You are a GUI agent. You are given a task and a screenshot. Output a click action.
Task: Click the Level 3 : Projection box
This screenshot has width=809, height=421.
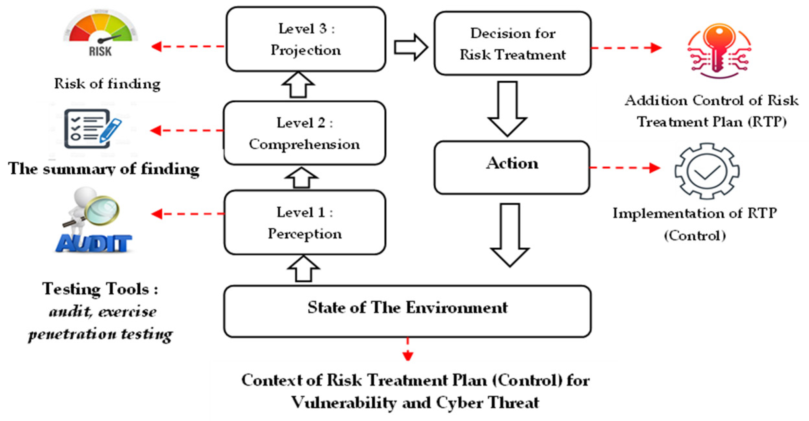click(x=306, y=39)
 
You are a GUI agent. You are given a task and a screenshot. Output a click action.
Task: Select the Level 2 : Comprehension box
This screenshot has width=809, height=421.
click(x=305, y=133)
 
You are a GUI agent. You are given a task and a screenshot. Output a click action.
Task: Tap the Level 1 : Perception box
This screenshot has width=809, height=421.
click(x=305, y=223)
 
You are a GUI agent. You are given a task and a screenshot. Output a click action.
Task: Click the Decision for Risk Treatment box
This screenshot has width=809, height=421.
click(x=512, y=43)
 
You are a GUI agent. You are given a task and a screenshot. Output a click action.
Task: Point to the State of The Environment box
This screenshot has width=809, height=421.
click(x=407, y=312)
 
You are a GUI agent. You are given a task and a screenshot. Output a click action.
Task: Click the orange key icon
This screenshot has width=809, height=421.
click(x=719, y=49)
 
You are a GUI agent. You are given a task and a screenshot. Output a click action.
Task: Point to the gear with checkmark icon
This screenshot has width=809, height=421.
click(x=707, y=171)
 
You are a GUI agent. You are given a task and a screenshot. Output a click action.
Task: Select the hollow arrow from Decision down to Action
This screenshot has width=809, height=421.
click(x=507, y=108)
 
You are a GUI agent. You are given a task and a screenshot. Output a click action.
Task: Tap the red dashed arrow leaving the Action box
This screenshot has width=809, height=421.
click(x=625, y=168)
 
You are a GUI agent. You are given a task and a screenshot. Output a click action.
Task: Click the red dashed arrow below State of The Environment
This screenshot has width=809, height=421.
click(x=408, y=350)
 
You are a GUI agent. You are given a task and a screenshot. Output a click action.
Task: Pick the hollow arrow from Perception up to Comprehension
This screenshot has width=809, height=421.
click(x=301, y=178)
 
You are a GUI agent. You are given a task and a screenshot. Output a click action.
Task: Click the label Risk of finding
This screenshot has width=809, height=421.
click(x=107, y=84)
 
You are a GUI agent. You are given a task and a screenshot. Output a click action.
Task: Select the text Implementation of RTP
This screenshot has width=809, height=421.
click(x=695, y=214)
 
